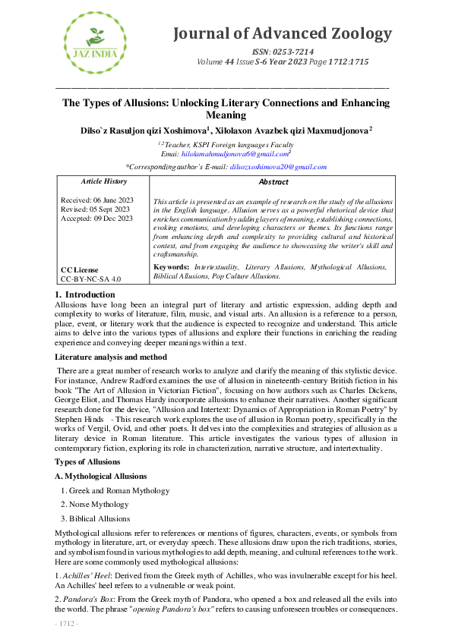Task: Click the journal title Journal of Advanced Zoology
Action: (283, 34)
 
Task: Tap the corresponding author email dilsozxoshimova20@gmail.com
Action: (278, 166)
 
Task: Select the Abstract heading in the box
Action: (273, 182)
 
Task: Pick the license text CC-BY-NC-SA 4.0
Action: (90, 279)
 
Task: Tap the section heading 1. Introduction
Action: (85, 294)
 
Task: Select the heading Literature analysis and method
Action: (111, 356)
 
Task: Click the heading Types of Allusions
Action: (87, 462)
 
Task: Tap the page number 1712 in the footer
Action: (67, 625)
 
